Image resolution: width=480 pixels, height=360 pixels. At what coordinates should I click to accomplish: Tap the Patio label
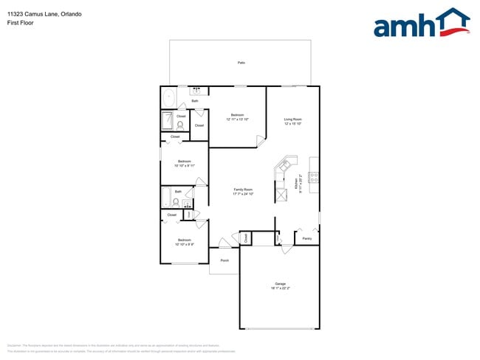tap(241, 63)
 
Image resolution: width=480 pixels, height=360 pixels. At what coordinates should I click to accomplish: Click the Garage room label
tap(280, 285)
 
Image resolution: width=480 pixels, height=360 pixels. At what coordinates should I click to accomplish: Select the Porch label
tap(224, 260)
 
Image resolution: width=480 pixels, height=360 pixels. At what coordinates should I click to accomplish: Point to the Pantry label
tap(306, 238)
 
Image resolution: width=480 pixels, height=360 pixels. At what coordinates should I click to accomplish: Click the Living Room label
tap(293, 121)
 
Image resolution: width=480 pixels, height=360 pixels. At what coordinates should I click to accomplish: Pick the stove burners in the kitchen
tap(314, 177)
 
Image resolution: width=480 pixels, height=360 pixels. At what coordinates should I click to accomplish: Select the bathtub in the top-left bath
tap(169, 97)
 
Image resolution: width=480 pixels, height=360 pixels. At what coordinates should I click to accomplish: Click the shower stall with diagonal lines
tap(168, 120)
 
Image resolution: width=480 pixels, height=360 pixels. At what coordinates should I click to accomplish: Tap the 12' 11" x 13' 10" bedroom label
tap(237, 117)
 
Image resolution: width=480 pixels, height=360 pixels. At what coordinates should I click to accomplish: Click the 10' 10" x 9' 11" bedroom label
tap(184, 163)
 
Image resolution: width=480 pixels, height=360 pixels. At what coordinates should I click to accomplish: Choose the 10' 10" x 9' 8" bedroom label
tap(184, 242)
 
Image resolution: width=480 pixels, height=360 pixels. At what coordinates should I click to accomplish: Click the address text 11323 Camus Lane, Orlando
tap(35, 14)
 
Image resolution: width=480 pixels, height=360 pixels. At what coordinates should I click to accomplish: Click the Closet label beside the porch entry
tap(247, 238)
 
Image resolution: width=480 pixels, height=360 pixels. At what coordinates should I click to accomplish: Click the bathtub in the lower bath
tap(168, 198)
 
